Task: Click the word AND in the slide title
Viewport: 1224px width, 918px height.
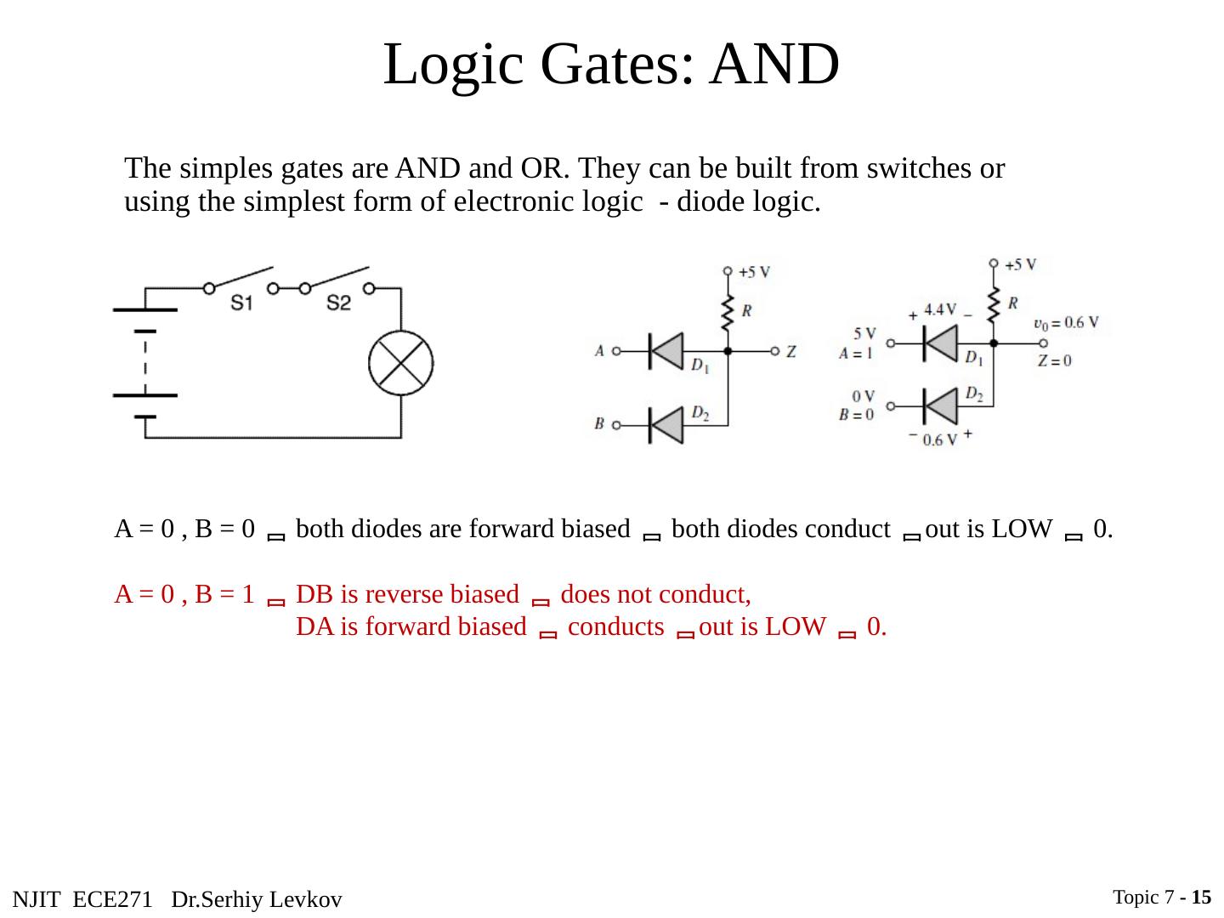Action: [774, 65]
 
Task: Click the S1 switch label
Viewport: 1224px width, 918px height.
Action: [242, 303]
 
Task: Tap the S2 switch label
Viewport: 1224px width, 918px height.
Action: [338, 303]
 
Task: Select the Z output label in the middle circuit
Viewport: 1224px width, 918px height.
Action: [790, 351]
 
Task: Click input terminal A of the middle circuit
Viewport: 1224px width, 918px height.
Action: [616, 350]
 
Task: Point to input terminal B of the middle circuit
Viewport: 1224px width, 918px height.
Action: [616, 424]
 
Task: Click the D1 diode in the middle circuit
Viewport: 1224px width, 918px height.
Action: [666, 350]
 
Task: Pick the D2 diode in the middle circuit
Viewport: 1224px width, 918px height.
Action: [666, 424]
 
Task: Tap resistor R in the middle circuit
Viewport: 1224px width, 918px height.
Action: [728, 313]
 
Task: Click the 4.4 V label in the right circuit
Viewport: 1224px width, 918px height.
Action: [939, 309]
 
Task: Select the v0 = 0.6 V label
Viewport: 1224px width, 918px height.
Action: [1066, 323]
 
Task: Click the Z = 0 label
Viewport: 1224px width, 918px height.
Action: [1055, 360]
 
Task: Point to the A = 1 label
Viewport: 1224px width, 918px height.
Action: [856, 354]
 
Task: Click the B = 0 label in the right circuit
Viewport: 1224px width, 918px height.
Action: [856, 415]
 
